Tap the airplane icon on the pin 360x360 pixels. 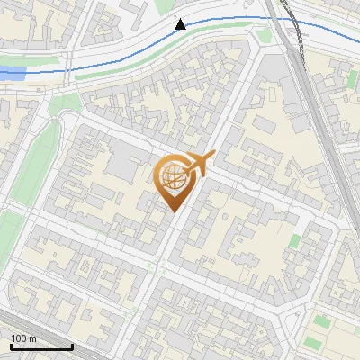point(199,163)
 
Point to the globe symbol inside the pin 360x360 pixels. point(173,175)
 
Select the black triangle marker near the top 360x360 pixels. point(181,24)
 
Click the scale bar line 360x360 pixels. point(41,346)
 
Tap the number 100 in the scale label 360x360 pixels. point(19,338)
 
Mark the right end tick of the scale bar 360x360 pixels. point(72,345)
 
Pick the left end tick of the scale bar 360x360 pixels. point(10,345)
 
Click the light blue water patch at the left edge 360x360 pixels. point(13,73)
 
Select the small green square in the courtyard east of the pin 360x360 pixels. point(295,241)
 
